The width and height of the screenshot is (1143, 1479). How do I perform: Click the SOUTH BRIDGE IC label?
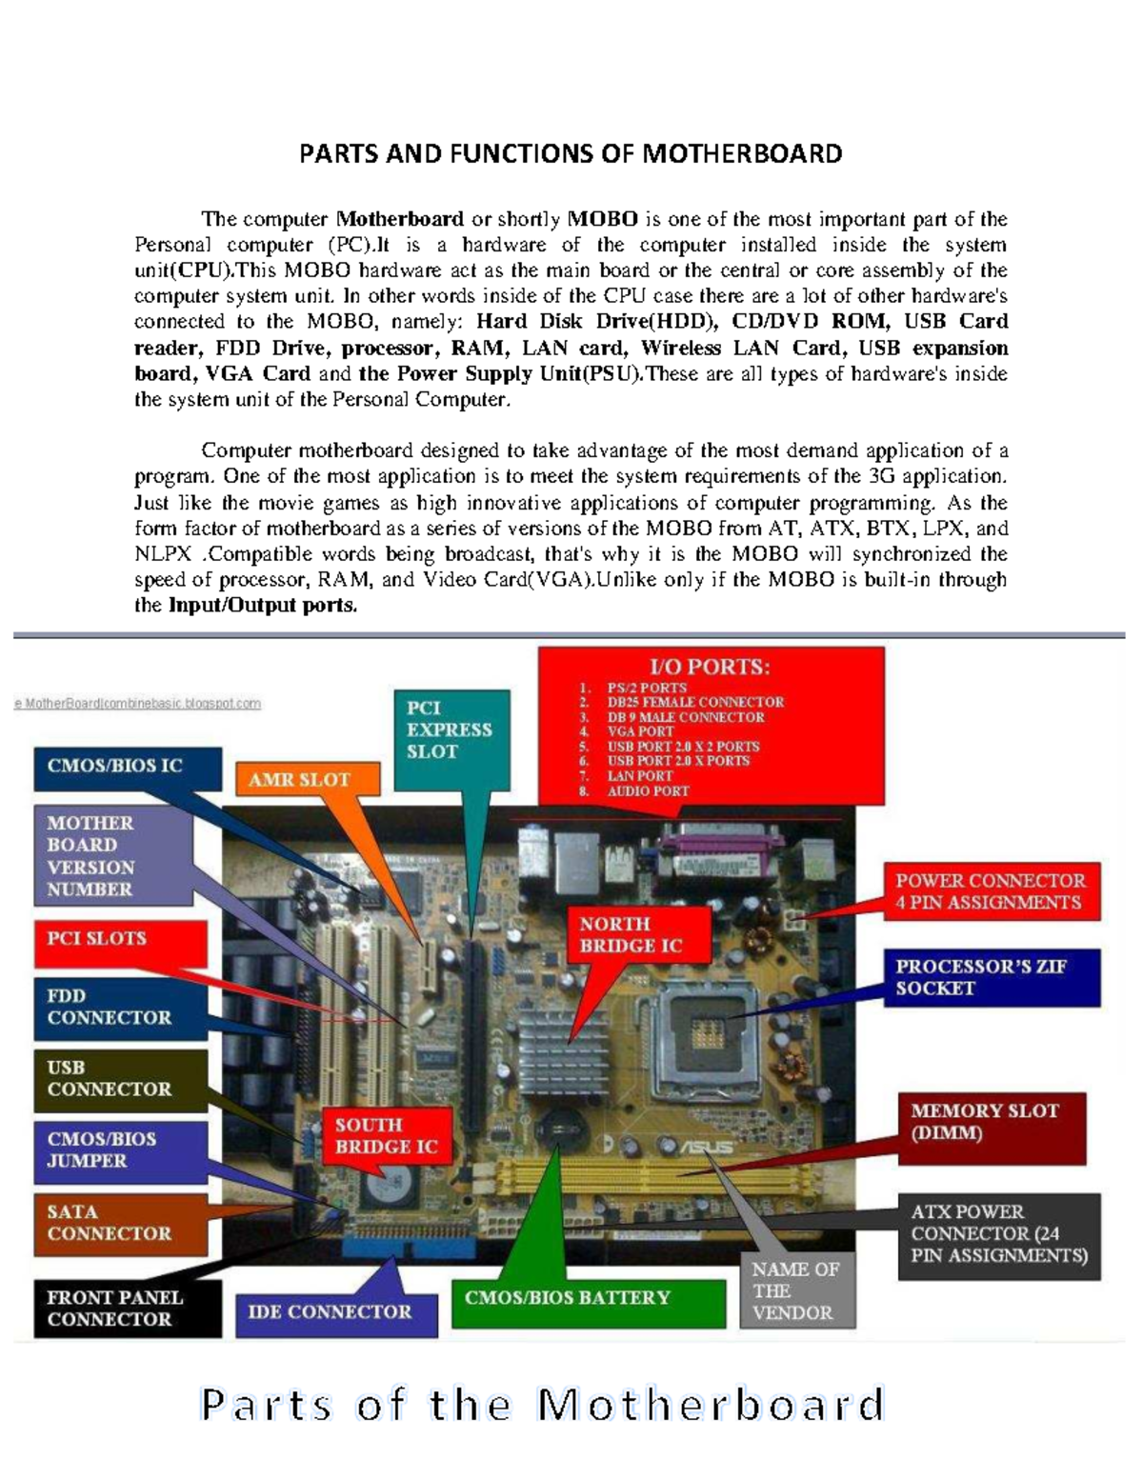[386, 1135]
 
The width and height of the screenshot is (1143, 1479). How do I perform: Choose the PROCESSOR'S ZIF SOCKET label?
[991, 977]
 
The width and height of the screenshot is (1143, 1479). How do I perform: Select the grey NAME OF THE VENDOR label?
[796, 1291]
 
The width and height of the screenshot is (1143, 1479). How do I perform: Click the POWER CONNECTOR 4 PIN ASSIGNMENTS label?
[991, 891]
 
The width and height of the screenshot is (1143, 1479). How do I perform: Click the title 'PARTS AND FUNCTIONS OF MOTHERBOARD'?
[571, 154]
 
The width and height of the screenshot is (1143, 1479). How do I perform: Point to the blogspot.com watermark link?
[139, 704]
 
